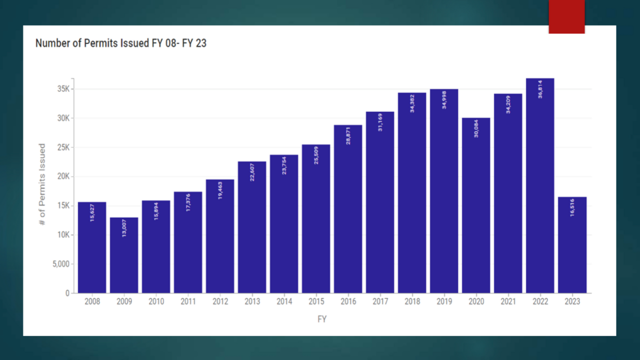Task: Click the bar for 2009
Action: pos(124,255)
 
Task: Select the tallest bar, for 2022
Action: pos(540,185)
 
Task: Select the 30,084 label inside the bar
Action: pos(476,128)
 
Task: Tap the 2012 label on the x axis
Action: pos(220,302)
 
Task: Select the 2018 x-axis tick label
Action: pos(412,302)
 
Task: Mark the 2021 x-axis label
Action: pos(508,302)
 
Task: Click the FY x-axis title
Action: pos(322,319)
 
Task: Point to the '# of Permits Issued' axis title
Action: pos(42,184)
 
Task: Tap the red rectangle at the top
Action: pos(566,16)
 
